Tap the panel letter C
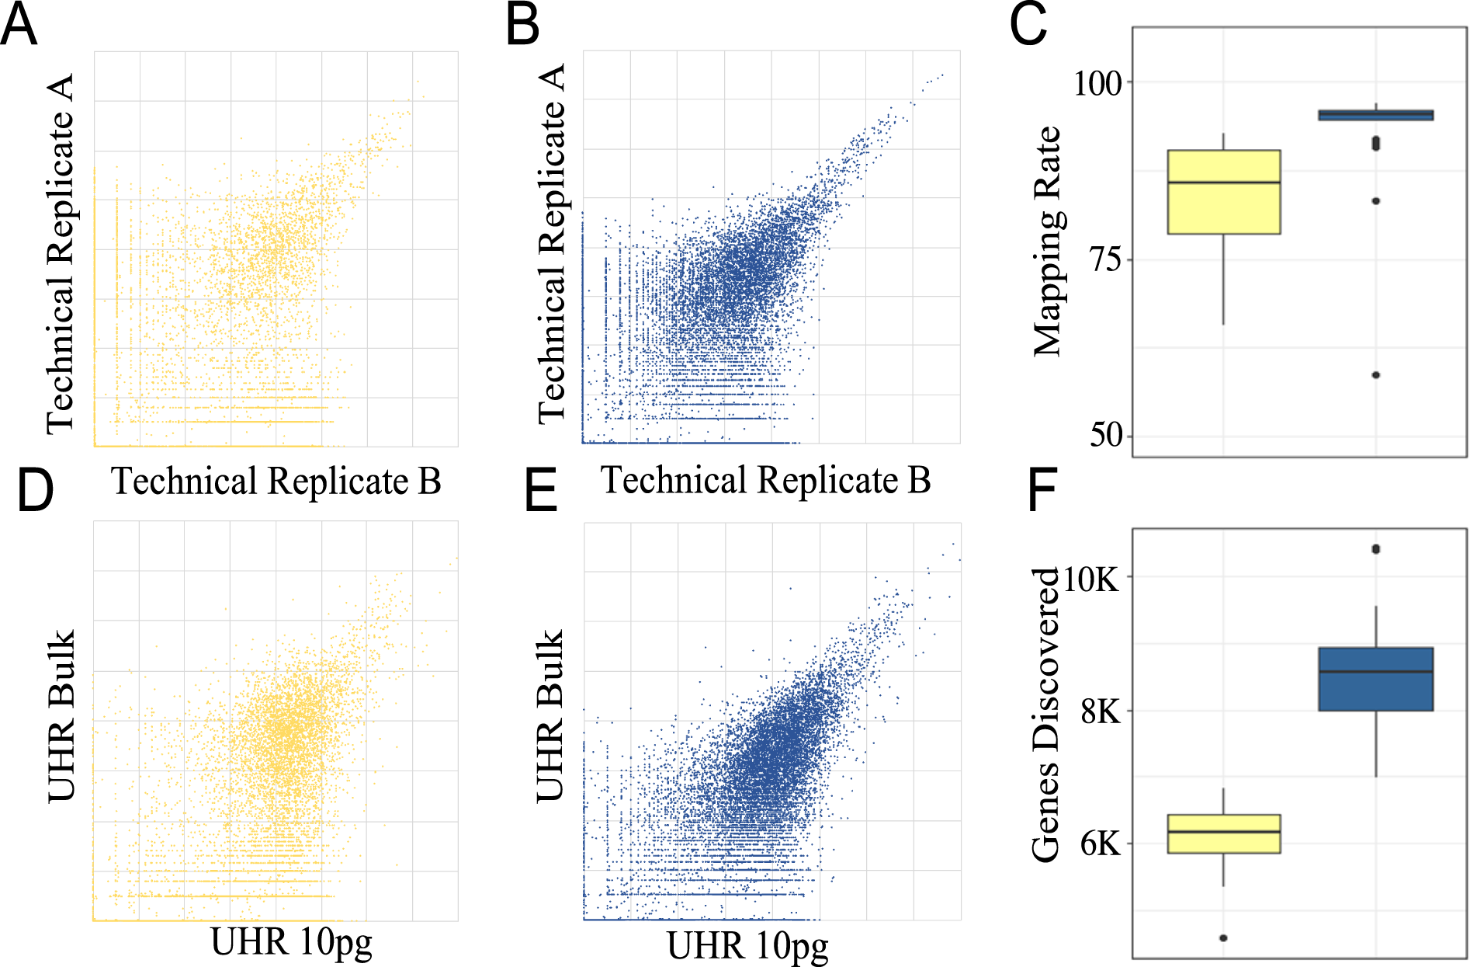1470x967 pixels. tap(1028, 25)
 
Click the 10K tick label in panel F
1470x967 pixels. tap(1091, 578)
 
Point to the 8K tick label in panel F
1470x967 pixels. tap(1101, 711)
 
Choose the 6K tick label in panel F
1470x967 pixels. tap(1101, 844)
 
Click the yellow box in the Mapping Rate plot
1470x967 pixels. tap(1224, 192)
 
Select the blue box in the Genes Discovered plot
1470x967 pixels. tap(1375, 679)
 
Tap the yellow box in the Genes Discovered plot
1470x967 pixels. tap(1224, 834)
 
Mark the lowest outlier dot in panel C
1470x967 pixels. tap(1375, 375)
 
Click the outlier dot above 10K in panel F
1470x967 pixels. tap(1375, 549)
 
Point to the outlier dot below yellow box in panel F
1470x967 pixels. tap(1223, 938)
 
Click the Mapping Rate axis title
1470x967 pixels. tap(1047, 241)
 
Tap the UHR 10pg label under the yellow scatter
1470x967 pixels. tap(292, 942)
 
